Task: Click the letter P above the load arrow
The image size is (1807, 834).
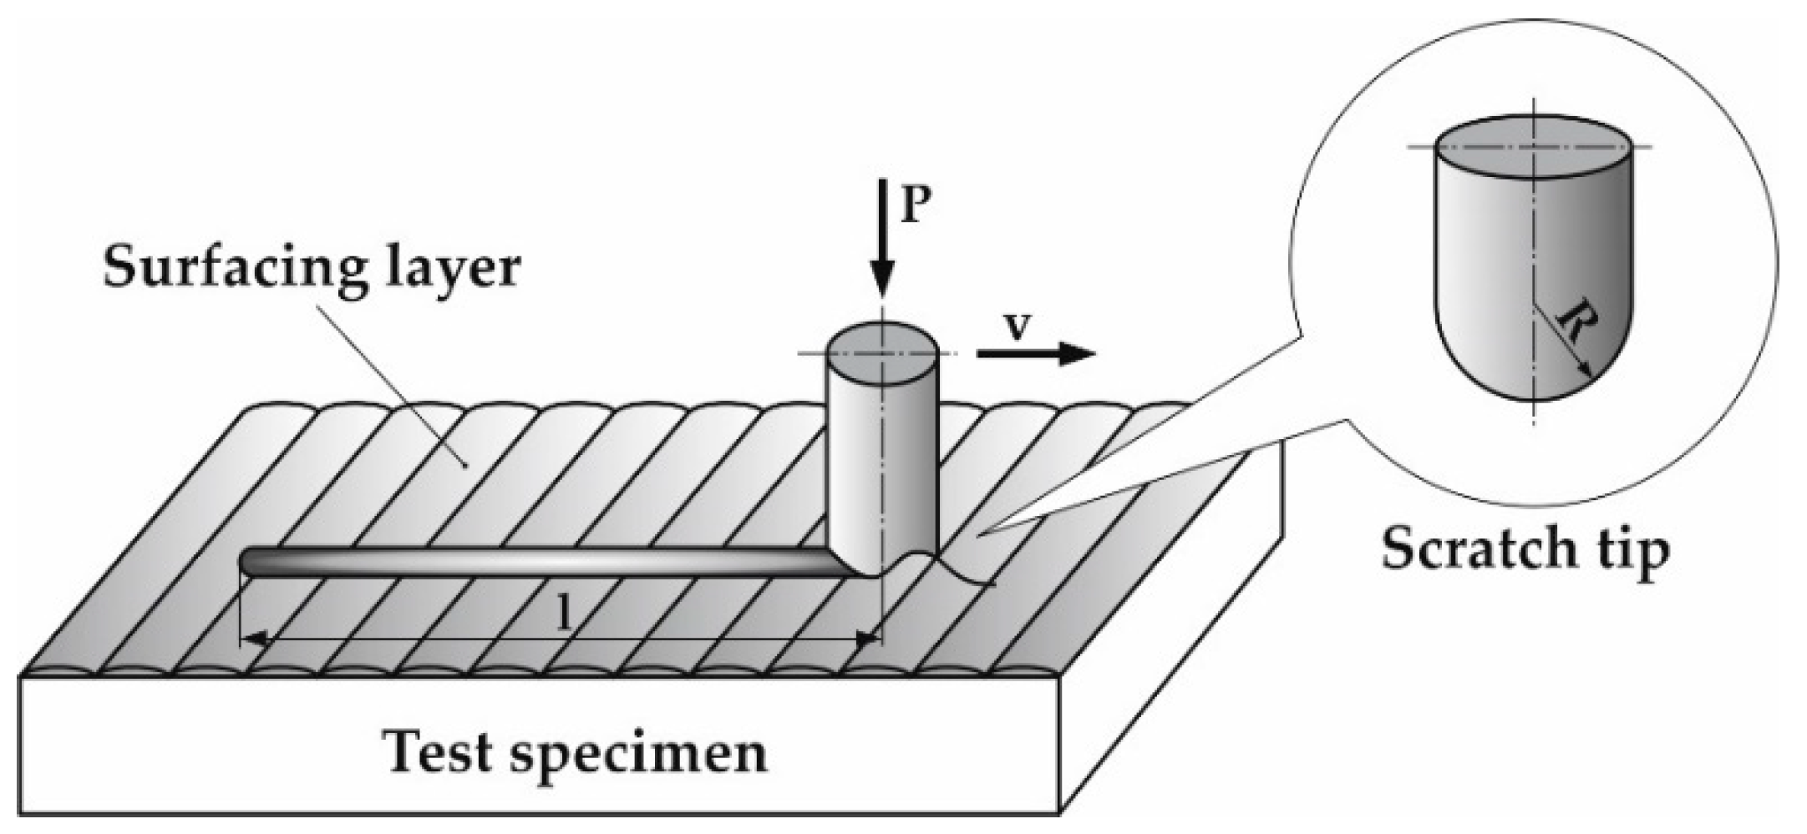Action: click(916, 205)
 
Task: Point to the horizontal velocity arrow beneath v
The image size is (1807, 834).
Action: click(1036, 354)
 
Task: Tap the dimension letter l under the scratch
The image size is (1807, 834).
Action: click(566, 615)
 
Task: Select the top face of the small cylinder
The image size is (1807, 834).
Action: click(881, 352)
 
